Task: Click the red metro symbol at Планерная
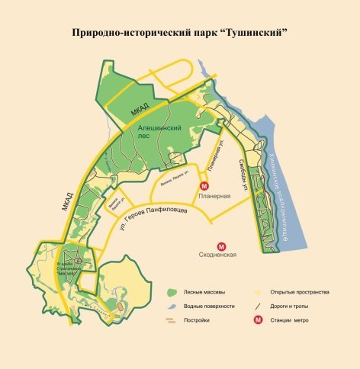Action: [204, 186]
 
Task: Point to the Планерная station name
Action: [214, 197]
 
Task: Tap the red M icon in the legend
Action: [259, 320]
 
